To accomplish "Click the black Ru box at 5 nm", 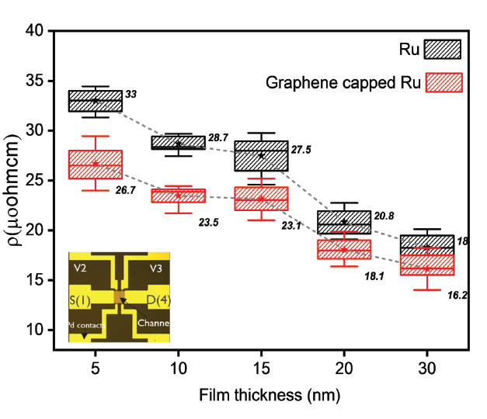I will coord(95,101).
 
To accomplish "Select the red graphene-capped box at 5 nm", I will coord(95,164).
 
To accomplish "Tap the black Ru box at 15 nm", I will coord(261,156).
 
